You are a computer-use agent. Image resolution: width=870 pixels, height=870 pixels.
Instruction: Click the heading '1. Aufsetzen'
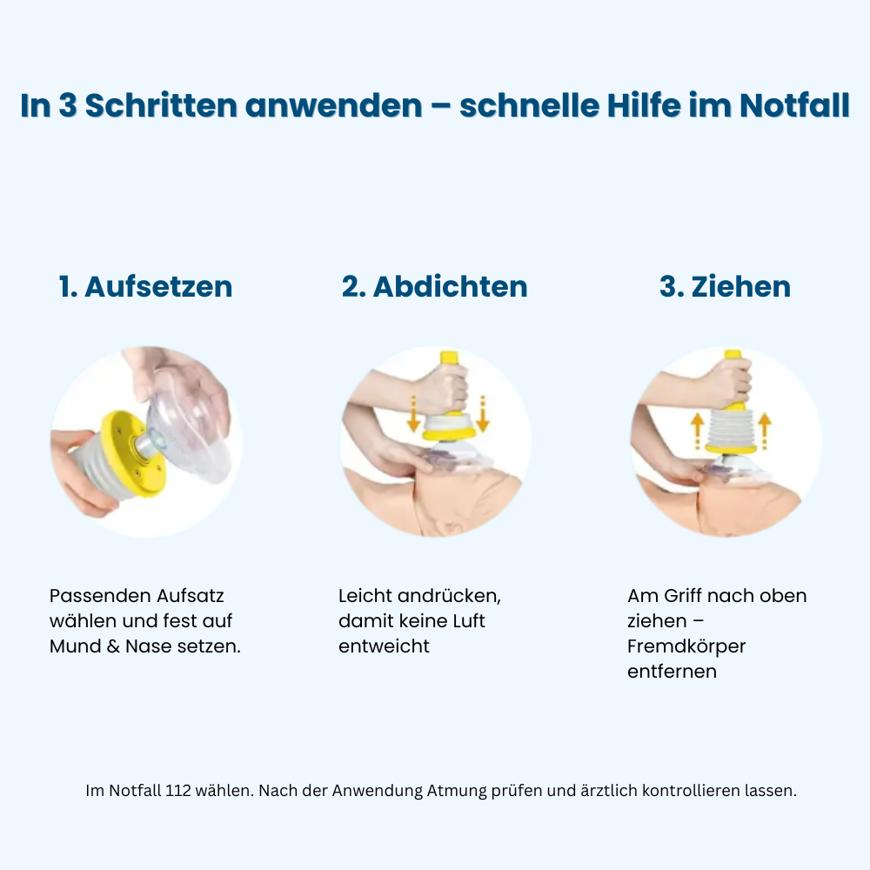[145, 287]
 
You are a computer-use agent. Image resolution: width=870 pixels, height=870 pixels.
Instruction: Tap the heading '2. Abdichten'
[434, 287]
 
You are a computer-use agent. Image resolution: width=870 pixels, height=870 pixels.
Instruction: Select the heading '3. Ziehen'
[725, 287]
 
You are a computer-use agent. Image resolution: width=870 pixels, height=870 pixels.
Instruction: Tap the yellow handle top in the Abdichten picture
[450, 358]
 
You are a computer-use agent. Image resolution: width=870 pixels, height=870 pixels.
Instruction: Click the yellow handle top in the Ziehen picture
[733, 357]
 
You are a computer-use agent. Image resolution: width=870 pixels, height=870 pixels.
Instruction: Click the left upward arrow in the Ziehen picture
[696, 430]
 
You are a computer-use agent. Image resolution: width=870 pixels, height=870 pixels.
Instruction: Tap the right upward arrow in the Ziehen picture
[765, 430]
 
